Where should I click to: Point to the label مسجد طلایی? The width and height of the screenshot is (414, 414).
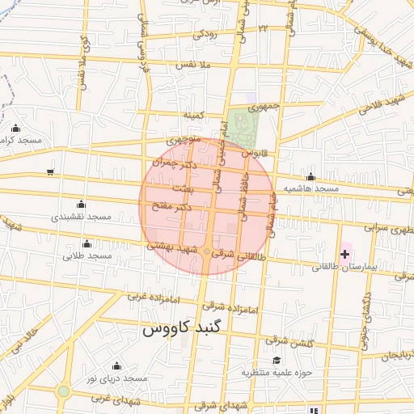pyautogui.click(x=87, y=256)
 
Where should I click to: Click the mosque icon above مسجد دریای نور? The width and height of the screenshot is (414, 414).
pyautogui.click(x=118, y=365)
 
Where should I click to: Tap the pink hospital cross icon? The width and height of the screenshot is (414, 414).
pyautogui.click(x=345, y=254)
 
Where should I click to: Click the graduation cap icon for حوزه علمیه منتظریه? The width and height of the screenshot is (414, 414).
pyautogui.click(x=276, y=360)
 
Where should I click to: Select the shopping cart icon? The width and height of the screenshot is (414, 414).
pyautogui.click(x=51, y=171)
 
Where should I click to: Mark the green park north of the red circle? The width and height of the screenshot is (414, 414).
pyautogui.click(x=240, y=126)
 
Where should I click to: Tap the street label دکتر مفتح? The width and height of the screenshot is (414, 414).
pyautogui.click(x=172, y=207)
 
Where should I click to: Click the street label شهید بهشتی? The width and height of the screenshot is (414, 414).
pyautogui.click(x=174, y=249)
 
